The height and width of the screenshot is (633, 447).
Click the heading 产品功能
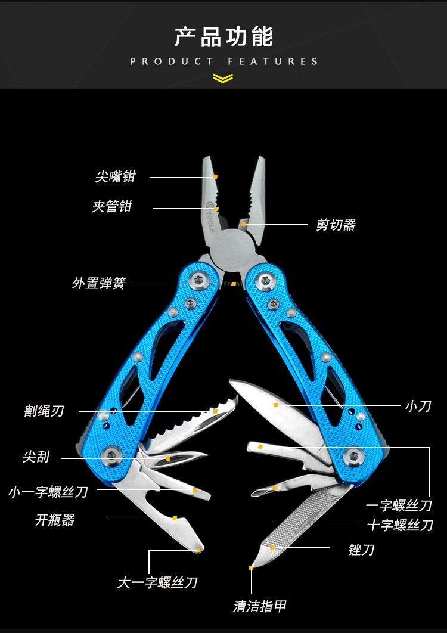pos(223,36)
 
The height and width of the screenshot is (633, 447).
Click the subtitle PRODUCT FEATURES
pos(223,61)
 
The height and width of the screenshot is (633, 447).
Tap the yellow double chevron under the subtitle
pos(223,78)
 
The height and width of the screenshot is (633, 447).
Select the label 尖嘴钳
pos(116,176)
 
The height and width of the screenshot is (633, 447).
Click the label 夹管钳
pos(112,207)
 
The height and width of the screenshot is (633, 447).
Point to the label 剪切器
pos(336,225)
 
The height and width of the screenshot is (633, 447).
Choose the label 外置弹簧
pos(99,283)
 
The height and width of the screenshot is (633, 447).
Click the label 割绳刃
pos(44,411)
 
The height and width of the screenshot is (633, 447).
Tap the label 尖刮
pos(36,457)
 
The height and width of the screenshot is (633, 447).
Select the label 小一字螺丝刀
pos(48,492)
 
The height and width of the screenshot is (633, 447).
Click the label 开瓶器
pos(55,520)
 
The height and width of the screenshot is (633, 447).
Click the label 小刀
pos(418,406)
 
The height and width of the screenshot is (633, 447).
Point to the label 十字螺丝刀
pos(400,525)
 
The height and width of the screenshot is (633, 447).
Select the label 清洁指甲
pos(260,606)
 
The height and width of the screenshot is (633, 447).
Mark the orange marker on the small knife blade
pos(276,405)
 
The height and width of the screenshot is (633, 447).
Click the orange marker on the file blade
pos(272,547)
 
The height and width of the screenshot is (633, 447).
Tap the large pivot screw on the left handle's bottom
pos(111,455)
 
